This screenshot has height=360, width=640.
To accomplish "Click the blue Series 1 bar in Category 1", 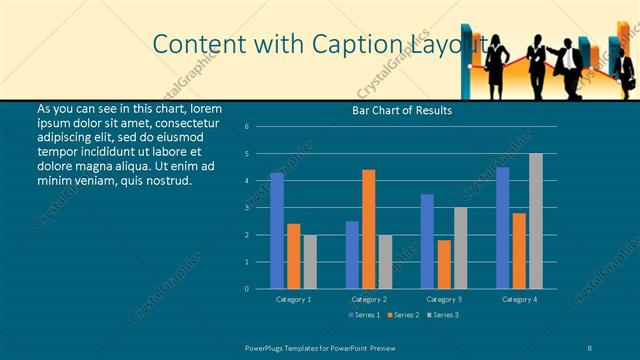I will pyautogui.click(x=277, y=231).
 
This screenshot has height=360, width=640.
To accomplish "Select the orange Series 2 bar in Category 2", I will pyautogui.click(x=369, y=229).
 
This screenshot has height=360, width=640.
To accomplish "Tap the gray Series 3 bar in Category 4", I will pyautogui.click(x=536, y=221).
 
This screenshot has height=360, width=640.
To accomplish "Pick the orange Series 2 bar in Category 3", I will pyautogui.click(x=444, y=264).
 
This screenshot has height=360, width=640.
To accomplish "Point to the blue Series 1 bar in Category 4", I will pyautogui.click(x=503, y=228).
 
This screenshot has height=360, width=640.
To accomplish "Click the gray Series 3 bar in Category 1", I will pyautogui.click(x=310, y=262).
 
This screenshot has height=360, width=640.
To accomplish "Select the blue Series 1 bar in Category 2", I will pyautogui.click(x=352, y=255).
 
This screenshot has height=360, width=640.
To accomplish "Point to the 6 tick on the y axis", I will pyautogui.click(x=246, y=127).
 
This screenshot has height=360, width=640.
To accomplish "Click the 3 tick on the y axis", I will pyautogui.click(x=246, y=208).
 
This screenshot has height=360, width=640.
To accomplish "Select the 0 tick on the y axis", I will pyautogui.click(x=246, y=289).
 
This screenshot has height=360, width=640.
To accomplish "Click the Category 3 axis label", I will pyautogui.click(x=444, y=299).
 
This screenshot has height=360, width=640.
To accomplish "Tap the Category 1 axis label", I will pyautogui.click(x=293, y=299).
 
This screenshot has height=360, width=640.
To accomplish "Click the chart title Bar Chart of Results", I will pyautogui.click(x=402, y=110).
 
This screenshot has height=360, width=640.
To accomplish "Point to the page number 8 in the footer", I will pyautogui.click(x=590, y=346).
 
